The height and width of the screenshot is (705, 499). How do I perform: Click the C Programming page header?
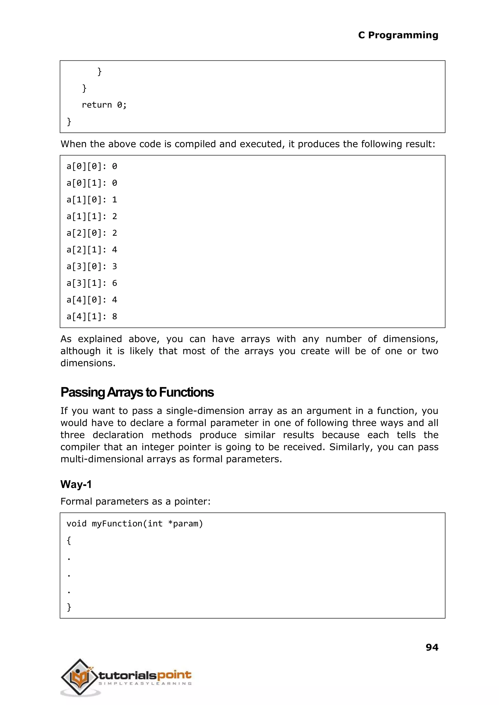[x=398, y=35]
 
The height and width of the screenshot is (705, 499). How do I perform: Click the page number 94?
[x=432, y=647]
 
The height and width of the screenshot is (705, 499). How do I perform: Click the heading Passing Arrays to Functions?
[x=137, y=392]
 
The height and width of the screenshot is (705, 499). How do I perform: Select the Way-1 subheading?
[x=76, y=485]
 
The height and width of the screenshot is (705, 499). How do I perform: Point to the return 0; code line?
[x=104, y=105]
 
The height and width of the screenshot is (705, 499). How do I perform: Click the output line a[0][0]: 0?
[x=92, y=166]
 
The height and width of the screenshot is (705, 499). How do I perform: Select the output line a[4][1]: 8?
[x=92, y=316]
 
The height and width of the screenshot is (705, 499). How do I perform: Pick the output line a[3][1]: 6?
[x=92, y=283]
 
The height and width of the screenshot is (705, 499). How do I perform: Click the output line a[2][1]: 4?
[x=92, y=250]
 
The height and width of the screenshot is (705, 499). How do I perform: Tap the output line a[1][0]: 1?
[x=92, y=200]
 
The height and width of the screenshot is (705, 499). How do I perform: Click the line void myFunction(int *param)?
[x=134, y=524]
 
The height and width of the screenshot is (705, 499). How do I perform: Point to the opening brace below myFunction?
[x=69, y=541]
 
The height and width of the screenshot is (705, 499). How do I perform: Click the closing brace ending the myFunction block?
[x=69, y=607]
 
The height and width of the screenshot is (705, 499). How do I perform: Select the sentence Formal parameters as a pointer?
[x=135, y=502]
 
